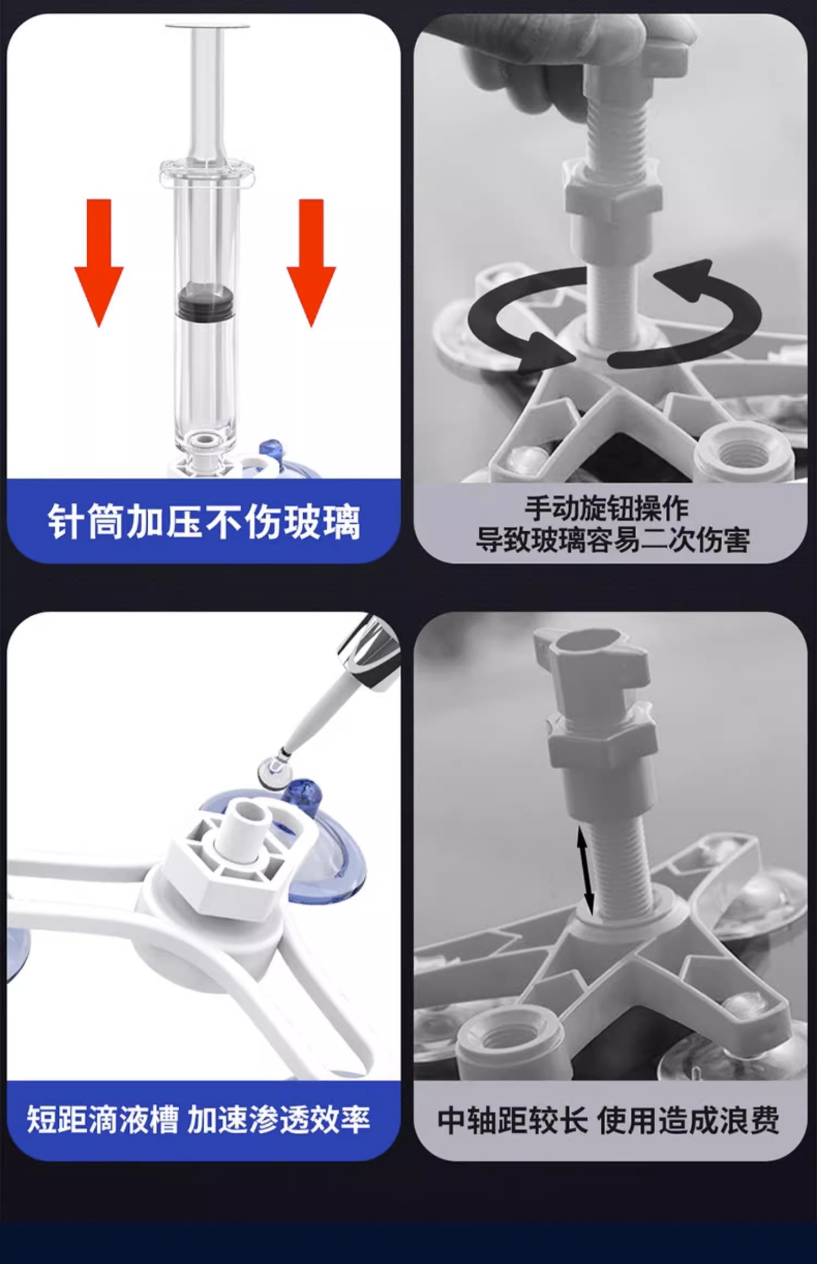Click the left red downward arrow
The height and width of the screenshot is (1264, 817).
click(99, 263)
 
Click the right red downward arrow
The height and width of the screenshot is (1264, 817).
click(311, 263)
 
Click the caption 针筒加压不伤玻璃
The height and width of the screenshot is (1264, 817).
click(204, 522)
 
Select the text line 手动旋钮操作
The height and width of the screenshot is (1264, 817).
click(607, 508)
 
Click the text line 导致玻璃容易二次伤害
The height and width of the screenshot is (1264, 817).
click(612, 539)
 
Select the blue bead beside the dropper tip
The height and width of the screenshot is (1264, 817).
click(302, 793)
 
